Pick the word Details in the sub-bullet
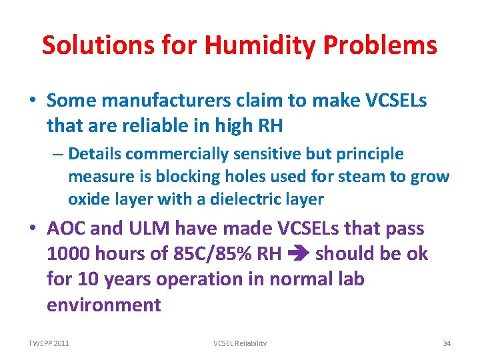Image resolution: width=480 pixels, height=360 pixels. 95,154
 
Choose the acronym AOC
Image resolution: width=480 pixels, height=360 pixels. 67,229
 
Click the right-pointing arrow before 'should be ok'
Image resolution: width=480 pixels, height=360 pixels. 299,255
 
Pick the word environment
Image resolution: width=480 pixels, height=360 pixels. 104,305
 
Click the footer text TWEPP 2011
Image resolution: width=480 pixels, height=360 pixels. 49,343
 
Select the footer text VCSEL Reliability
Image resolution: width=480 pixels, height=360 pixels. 240,343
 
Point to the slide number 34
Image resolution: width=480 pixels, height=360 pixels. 447,343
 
